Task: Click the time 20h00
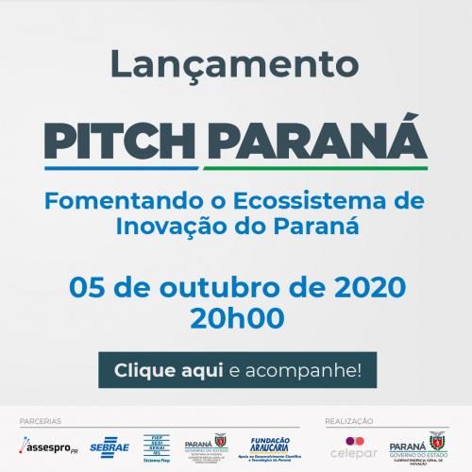point(235,317)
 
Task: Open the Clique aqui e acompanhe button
point(235,368)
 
